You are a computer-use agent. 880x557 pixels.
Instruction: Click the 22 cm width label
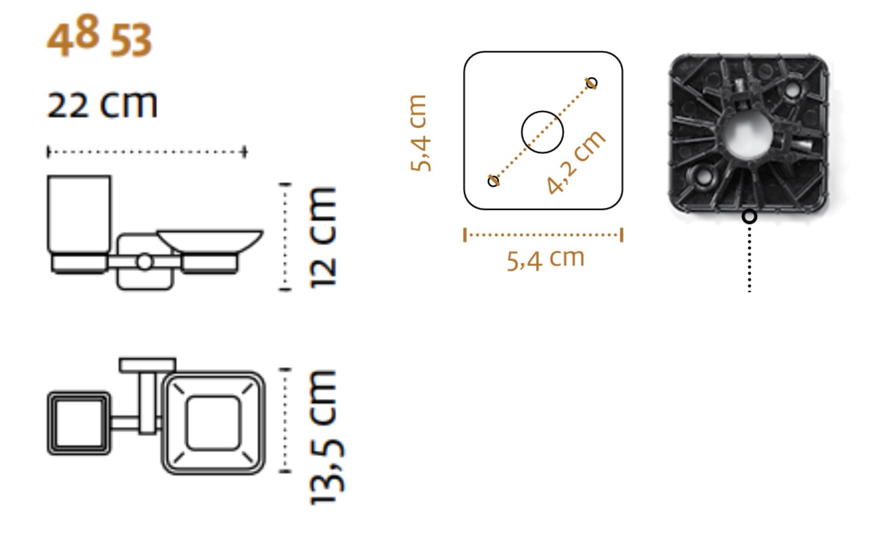click(102, 104)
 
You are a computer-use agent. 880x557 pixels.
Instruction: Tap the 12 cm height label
click(323, 238)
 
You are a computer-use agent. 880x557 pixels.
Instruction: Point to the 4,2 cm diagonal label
click(576, 162)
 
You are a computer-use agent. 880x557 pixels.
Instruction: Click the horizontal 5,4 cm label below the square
click(546, 260)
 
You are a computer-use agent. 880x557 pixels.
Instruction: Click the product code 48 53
click(99, 36)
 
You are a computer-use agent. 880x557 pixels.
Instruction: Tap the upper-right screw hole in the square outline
click(591, 82)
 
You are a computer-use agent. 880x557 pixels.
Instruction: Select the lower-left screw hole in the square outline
click(493, 181)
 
